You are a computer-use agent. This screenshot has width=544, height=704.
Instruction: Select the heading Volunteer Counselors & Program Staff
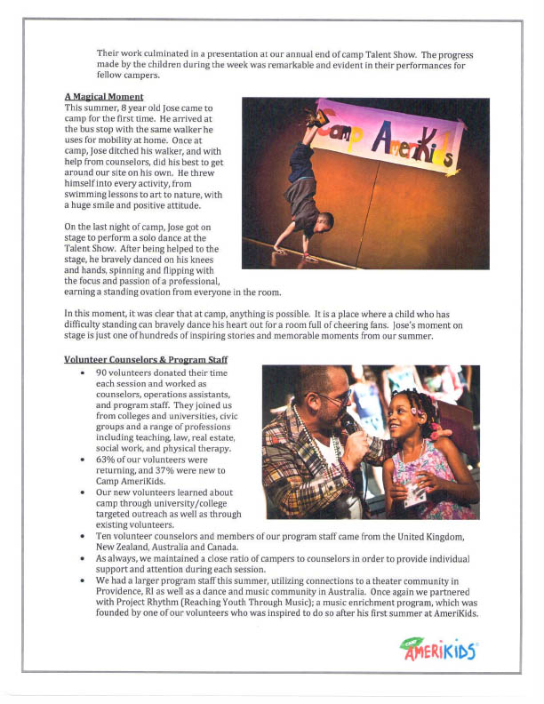point(142,359)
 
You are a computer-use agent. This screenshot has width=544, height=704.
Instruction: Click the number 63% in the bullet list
point(105,460)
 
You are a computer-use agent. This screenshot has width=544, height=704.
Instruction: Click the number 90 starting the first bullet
point(101,372)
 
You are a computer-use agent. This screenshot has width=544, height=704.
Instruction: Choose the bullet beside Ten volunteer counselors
point(84,538)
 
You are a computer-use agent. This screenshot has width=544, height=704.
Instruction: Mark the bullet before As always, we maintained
point(84,560)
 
